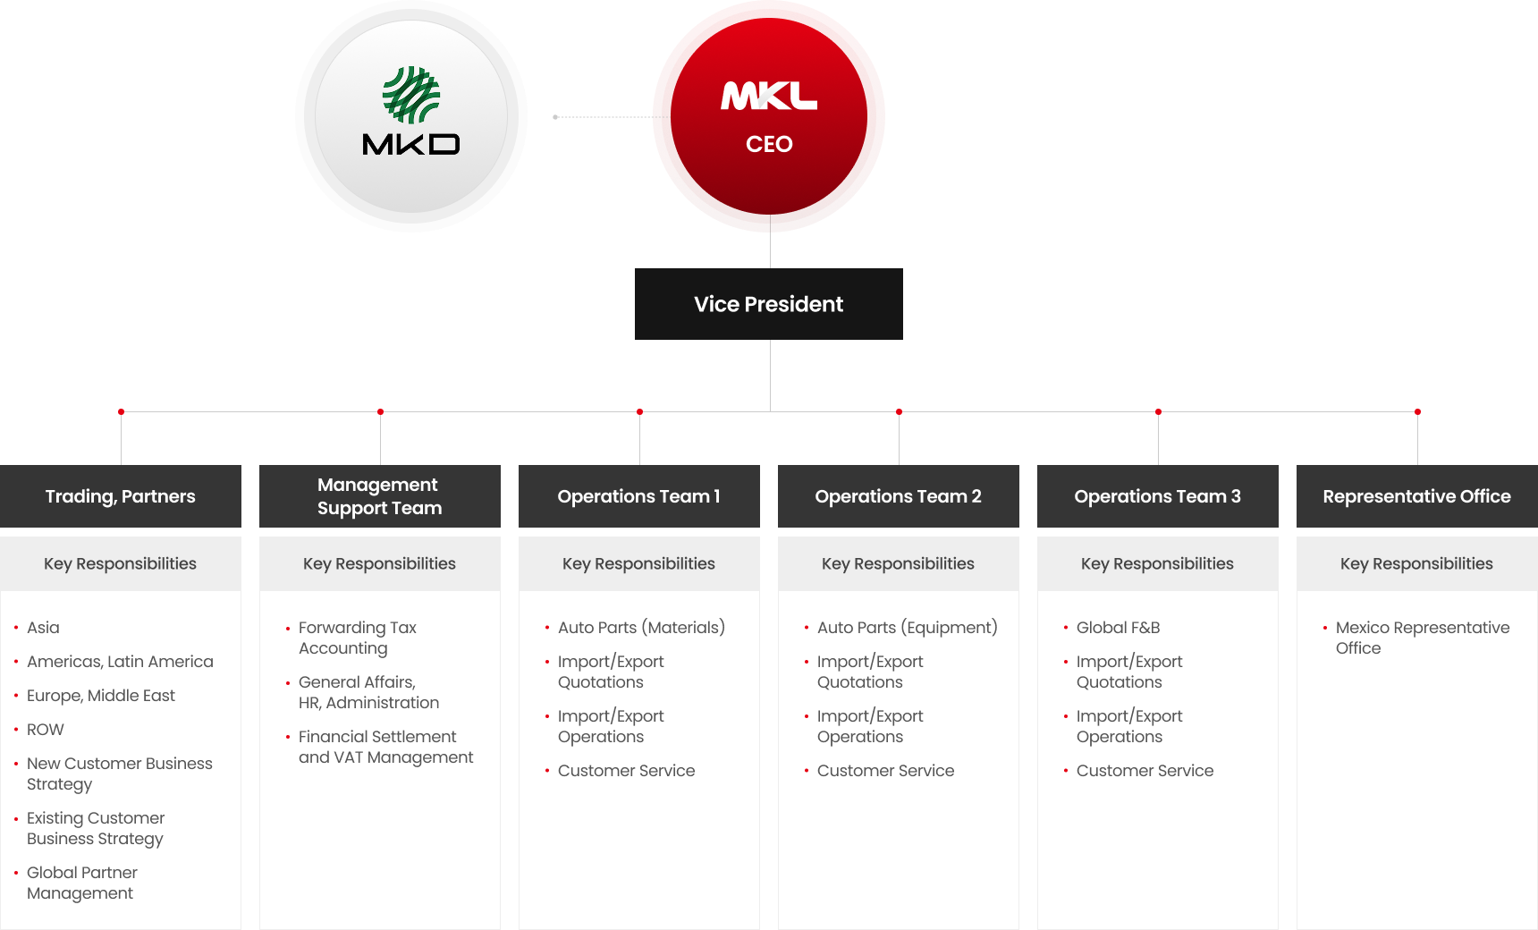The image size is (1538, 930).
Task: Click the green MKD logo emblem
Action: tap(411, 95)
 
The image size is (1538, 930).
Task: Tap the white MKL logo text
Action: tap(769, 96)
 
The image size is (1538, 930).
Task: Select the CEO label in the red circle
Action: tap(769, 144)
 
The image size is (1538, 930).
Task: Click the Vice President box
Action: tap(769, 304)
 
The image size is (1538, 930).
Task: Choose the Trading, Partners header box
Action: tap(121, 496)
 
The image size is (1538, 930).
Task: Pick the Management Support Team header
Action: tap(380, 496)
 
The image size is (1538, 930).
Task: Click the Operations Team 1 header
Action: tap(639, 496)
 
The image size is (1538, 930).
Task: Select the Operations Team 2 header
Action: tap(899, 496)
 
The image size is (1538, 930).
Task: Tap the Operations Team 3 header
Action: tap(1158, 496)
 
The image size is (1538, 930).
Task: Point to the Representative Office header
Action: tap(1417, 496)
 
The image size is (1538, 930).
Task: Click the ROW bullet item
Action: tap(46, 730)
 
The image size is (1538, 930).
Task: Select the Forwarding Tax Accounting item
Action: tap(358, 638)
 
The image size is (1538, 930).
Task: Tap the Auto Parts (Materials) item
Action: tap(641, 628)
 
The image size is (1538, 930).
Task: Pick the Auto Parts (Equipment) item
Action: tap(907, 628)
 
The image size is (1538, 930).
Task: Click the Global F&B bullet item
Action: tap(1118, 628)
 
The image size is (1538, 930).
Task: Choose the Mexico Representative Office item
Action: tap(1422, 638)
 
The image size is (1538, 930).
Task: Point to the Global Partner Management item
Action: tap(82, 883)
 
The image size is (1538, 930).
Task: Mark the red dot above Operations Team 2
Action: tap(899, 411)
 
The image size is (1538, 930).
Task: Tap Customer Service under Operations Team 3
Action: tap(1145, 771)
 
